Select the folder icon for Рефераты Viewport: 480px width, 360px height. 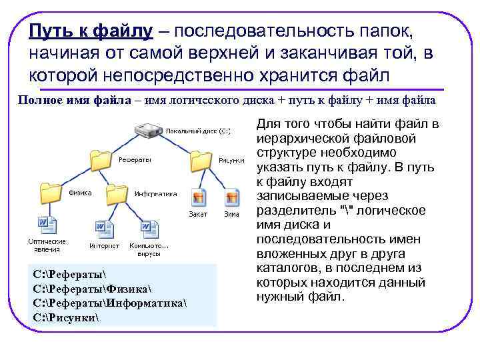101,160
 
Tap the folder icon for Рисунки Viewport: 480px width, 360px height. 201,160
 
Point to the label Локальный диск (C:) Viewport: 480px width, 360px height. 198,131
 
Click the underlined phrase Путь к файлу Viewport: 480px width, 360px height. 91,31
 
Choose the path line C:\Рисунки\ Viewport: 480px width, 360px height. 65,315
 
